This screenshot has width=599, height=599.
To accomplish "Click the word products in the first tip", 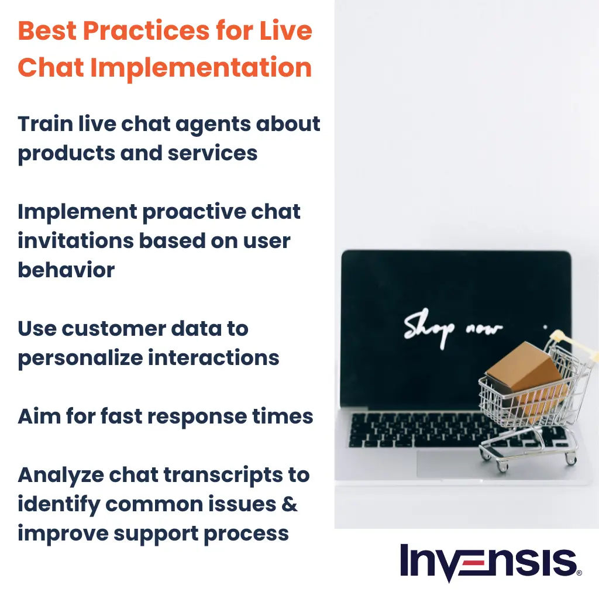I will click(65, 153).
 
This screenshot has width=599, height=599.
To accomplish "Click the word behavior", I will click(66, 270).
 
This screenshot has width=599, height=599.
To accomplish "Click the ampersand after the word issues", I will click(290, 504).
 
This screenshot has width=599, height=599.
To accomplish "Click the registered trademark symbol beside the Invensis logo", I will click(579, 574).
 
